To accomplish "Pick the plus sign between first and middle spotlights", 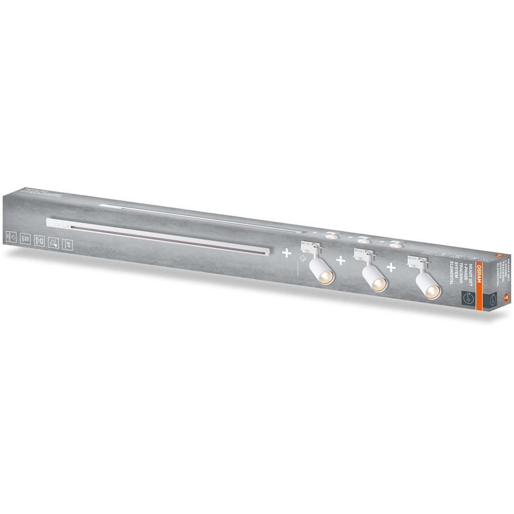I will pyautogui.click(x=340, y=261).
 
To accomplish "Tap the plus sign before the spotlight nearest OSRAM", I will pyautogui.click(x=392, y=267).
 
